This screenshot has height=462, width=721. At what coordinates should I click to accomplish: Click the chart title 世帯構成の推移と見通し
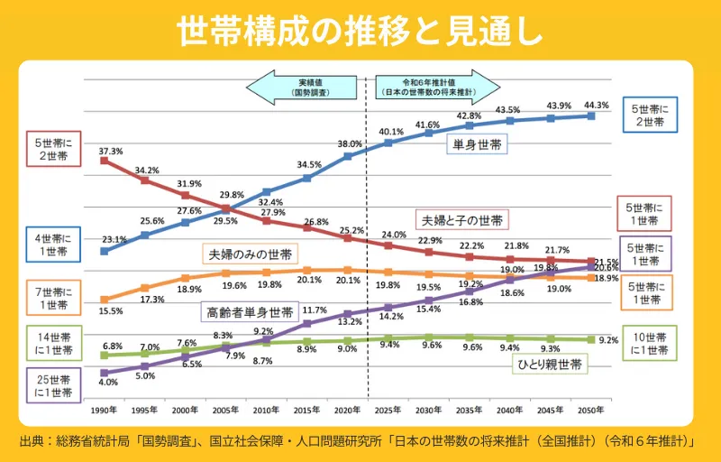point(360,31)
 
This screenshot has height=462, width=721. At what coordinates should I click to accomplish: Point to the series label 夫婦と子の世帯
point(461,219)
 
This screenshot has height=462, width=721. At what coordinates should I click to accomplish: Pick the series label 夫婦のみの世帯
point(250,254)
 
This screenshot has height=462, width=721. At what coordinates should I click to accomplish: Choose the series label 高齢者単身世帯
point(250,312)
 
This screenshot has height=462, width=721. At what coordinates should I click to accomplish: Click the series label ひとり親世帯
point(549,364)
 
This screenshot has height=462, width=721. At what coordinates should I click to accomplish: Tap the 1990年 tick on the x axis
point(104,411)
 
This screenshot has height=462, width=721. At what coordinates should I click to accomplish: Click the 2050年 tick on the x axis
point(591,411)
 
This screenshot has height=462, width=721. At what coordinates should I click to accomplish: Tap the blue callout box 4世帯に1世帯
point(55,245)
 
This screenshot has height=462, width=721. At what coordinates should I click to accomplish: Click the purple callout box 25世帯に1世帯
point(55,387)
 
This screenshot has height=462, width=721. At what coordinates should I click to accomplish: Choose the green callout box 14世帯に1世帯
point(55,343)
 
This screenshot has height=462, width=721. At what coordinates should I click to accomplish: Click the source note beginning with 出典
point(360,442)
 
